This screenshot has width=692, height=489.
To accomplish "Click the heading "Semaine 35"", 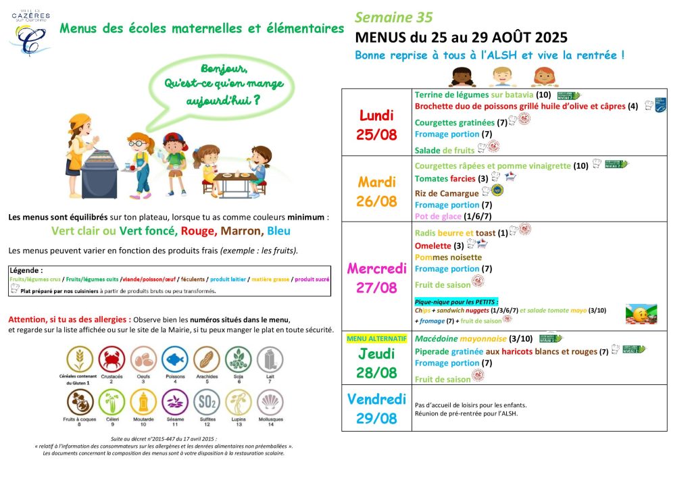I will coord(393,18).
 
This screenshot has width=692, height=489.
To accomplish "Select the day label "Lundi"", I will coord(376,115).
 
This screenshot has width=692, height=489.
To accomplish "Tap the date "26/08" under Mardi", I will coord(376,201).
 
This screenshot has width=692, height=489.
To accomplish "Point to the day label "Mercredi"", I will coord(376,267).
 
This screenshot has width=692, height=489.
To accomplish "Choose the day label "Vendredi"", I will coord(376,399).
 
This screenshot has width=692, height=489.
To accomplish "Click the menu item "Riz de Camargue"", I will coord(447,193).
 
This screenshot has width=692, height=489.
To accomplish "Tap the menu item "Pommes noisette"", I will coord(448,257).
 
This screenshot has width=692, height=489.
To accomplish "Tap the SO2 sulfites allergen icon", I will coord(206,402).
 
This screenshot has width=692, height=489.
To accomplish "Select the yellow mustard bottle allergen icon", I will coord(143,403).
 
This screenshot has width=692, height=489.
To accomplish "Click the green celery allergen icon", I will coord(112,403).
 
